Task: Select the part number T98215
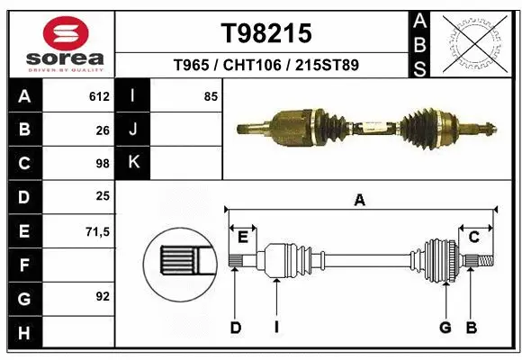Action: point(266,33)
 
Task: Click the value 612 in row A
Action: point(99,96)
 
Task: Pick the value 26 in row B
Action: point(103,130)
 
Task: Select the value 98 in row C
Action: point(103,164)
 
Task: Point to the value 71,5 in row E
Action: point(97,231)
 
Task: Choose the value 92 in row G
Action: point(103,296)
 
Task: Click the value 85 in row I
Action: point(211,96)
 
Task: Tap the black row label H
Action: point(23,333)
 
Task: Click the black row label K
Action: point(134,163)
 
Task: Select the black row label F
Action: point(23,265)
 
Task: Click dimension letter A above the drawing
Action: point(360,201)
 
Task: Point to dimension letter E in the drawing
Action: point(243,237)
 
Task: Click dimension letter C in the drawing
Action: point(473,237)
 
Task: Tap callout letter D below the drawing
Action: point(235,328)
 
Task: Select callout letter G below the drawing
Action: point(445,328)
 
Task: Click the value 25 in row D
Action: point(103,196)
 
